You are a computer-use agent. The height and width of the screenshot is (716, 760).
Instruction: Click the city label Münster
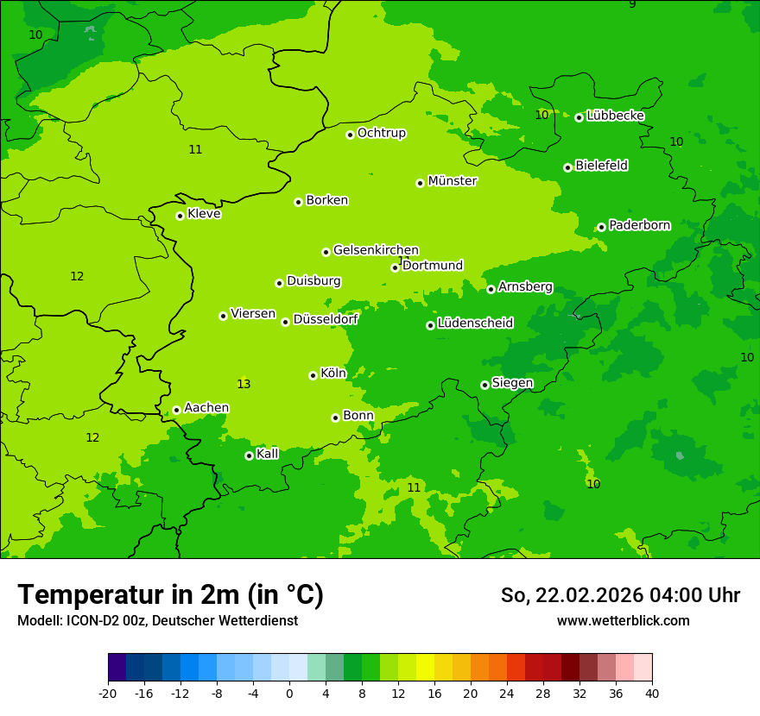(452, 181)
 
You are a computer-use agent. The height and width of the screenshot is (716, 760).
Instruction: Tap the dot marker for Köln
(313, 375)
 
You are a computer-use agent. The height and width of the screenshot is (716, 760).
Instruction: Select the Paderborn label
(639, 225)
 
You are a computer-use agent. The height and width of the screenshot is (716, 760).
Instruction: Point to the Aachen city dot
(176, 410)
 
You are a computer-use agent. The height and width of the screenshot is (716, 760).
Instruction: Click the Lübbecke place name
(615, 116)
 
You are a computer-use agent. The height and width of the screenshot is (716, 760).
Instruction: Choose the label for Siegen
(512, 383)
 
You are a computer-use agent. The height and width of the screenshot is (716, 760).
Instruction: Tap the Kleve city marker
(180, 216)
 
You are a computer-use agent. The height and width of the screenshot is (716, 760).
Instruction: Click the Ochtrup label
(381, 133)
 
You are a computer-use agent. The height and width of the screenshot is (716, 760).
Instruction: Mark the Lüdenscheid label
(475, 323)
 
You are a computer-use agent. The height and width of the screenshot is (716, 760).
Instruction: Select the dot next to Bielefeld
(567, 167)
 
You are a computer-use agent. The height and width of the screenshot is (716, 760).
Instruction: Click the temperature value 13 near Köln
(244, 384)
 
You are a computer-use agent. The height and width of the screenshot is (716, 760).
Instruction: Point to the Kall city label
(267, 454)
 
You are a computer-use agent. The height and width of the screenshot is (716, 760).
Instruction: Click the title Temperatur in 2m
(170, 594)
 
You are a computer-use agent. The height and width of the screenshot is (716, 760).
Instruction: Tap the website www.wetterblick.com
(623, 621)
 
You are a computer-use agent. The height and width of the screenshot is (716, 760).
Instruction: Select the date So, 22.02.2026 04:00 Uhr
(620, 595)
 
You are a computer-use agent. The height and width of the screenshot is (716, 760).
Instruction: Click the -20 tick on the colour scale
(108, 693)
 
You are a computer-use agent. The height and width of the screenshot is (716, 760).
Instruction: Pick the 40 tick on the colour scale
(651, 693)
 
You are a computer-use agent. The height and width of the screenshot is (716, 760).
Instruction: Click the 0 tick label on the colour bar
(289, 693)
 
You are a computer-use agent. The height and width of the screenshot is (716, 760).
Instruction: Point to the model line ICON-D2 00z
(157, 621)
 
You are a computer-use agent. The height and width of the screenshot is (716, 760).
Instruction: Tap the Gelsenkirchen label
(376, 250)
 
